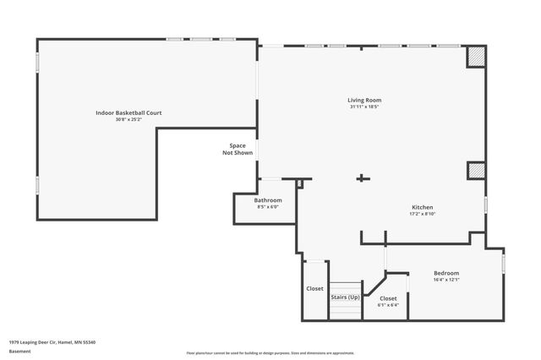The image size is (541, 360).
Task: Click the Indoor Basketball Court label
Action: coord(128,112)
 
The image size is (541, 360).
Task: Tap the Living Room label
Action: coord(364,101)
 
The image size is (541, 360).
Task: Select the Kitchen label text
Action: coord(423,207)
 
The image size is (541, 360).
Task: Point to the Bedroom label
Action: coord(446,273)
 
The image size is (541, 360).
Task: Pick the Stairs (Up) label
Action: coord(345,297)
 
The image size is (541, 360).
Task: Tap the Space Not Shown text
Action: coord(238,150)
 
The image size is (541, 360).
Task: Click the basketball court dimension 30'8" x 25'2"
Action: coord(128,119)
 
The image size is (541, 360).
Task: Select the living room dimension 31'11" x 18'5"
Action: coord(364,107)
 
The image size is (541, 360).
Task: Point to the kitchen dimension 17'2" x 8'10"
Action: coord(423,214)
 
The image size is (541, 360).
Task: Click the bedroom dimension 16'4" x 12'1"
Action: coord(446,280)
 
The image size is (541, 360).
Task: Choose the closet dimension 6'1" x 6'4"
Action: coord(388,305)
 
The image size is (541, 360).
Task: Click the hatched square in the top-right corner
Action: coord(477,56)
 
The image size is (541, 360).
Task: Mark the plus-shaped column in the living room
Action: coord(363,178)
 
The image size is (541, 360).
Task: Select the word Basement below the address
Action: coord(20,350)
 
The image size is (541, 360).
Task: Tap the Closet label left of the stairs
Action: coord(314,289)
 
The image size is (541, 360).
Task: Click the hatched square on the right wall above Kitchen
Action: coord(477,171)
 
